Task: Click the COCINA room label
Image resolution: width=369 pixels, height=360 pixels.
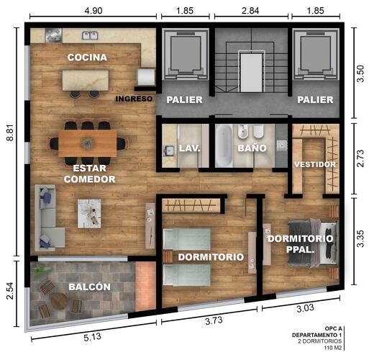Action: [x=87, y=57]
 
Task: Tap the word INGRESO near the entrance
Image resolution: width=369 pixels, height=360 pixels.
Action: [x=134, y=99]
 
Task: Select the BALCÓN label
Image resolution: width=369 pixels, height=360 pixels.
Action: [x=89, y=287]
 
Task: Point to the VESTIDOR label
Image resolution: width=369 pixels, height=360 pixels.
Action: [x=315, y=164]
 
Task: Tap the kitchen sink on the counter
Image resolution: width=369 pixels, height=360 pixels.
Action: [x=90, y=35]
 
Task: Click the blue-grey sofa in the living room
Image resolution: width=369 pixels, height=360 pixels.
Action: [x=47, y=214]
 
